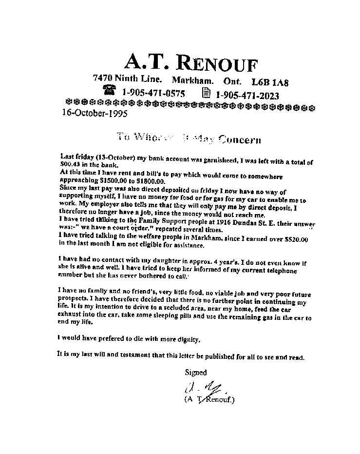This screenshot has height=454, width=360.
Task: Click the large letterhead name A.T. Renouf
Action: pyautogui.click(x=190, y=62)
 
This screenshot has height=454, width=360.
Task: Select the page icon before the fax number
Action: pyautogui.click(x=206, y=93)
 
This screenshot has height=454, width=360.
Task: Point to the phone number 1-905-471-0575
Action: pyautogui.click(x=153, y=93)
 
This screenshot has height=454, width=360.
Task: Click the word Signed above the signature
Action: pyautogui.click(x=195, y=372)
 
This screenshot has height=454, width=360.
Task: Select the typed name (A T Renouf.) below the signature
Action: pyautogui.click(x=209, y=400)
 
